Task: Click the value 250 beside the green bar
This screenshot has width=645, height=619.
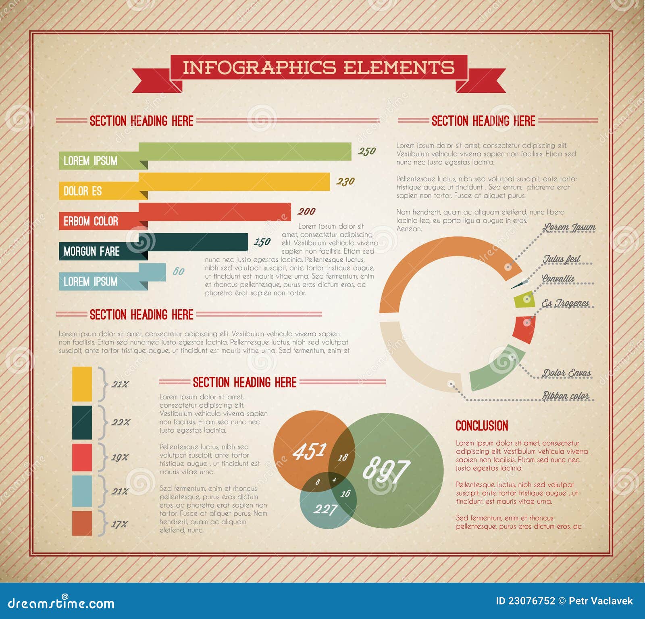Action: tap(366, 151)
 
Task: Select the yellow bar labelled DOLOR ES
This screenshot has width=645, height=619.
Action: tap(234, 182)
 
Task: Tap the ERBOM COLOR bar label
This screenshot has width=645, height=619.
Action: tap(91, 221)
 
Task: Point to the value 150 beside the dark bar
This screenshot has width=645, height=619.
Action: tap(262, 242)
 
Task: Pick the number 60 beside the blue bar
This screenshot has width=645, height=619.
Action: tap(178, 271)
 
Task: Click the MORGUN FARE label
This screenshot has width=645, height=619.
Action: tap(92, 252)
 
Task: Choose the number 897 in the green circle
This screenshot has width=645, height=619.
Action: tap(386, 469)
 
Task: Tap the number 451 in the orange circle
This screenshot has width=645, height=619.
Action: tap(309, 451)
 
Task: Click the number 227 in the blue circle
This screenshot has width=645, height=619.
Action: tap(325, 509)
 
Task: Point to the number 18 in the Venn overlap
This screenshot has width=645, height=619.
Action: tap(342, 457)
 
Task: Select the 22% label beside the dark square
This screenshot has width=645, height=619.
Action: tap(121, 422)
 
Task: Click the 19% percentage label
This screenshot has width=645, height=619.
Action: tap(120, 457)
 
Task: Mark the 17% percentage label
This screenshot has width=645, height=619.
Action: tap(119, 524)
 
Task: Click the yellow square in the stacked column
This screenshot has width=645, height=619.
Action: tap(82, 384)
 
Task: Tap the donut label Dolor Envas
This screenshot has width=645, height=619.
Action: tap(566, 373)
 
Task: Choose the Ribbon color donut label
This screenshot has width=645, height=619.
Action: tap(565, 396)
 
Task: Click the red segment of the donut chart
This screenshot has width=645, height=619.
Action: tap(524, 329)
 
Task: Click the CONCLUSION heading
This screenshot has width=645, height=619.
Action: tap(482, 426)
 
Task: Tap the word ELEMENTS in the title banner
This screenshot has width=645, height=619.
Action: tap(399, 67)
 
